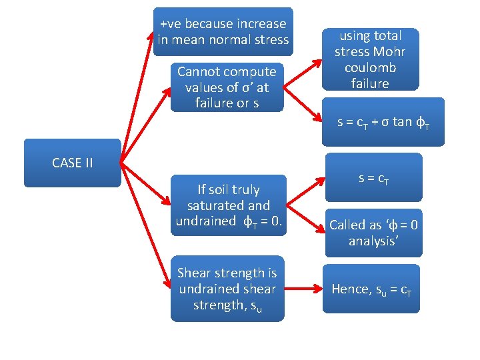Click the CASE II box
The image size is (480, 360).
pyautogui.click(x=73, y=163)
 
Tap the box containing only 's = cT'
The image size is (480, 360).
pyautogui.click(x=374, y=178)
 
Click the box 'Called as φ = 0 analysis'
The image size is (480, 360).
pyautogui.click(x=374, y=233)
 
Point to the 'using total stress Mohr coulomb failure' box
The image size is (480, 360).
pyautogui.click(x=369, y=59)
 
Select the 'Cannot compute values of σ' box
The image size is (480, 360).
pyautogui.click(x=227, y=87)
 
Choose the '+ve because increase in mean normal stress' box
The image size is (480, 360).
pyautogui.click(x=223, y=31)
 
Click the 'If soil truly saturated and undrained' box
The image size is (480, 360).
pyautogui.click(x=229, y=205)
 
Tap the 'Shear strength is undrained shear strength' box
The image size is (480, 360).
pyautogui.click(x=227, y=289)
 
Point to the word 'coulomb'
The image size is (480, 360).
pyautogui.click(x=369, y=67)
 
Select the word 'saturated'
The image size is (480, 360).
pyautogui.click(x=229, y=205)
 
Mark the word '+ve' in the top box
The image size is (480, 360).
pyautogui.click(x=171, y=24)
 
